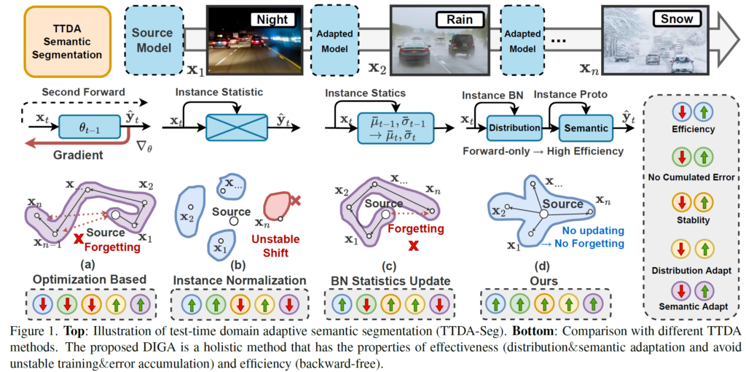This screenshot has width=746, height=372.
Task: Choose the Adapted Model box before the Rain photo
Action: click(x=332, y=42)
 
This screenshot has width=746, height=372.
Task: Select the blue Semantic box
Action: click(x=586, y=128)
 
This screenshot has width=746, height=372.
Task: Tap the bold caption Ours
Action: click(x=543, y=280)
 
